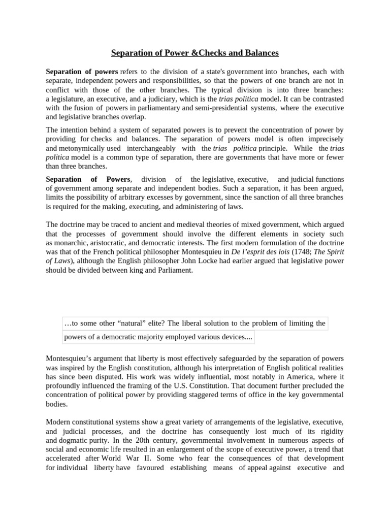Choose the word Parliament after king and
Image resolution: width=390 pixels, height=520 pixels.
point(174,270)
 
